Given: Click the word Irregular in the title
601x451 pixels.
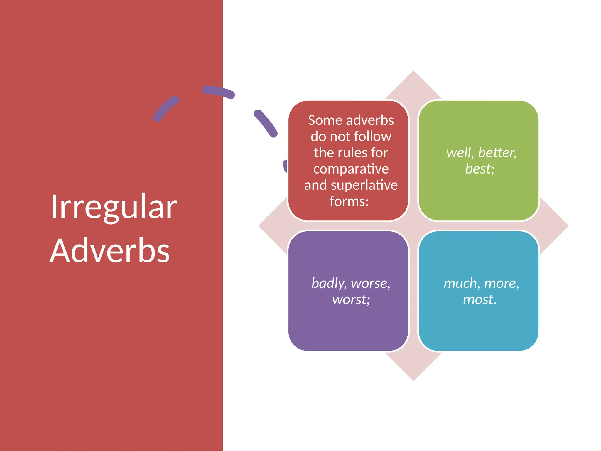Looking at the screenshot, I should pos(114,207).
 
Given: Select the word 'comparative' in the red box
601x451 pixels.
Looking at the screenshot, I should pos(351,169).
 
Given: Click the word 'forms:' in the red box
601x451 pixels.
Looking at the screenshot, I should pos(349,201).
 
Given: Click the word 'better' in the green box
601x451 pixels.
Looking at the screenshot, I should pos(497,153).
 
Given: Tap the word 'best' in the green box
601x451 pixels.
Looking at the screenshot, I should pos(479,169).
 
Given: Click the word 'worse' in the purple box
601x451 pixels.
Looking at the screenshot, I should pos(370,283).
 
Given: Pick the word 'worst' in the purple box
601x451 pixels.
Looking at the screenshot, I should pos(350,299).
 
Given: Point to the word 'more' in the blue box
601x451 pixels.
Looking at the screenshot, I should pos(501,283).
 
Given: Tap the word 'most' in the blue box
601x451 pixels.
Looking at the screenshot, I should pos(479,299).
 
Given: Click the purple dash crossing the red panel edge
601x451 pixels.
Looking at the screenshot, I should pos(219,92).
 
